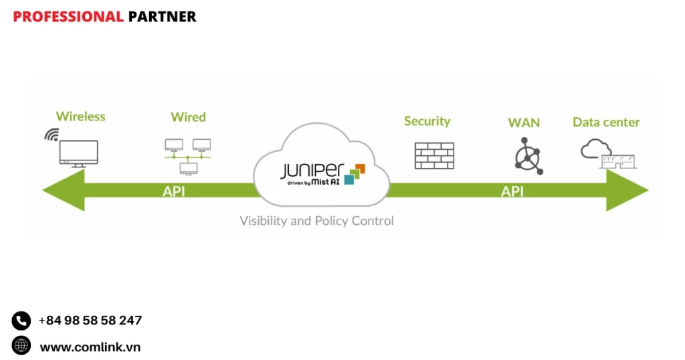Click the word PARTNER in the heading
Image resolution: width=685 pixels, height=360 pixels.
[x=162, y=17]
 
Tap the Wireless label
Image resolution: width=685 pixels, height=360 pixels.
[x=80, y=116]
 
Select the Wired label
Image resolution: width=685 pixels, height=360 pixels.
[x=188, y=117]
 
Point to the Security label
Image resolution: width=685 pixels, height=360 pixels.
[x=427, y=121]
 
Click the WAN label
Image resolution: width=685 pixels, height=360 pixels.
[x=524, y=122]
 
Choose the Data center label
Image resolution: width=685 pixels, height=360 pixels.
[x=606, y=122]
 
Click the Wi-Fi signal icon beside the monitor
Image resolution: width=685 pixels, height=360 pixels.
[x=52, y=134]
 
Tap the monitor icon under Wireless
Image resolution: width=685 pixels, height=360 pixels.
[x=79, y=153]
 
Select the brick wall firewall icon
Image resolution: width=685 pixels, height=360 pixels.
[x=434, y=155]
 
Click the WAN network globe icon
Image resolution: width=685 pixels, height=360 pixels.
[x=528, y=156]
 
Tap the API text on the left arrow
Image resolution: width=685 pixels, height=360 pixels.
[x=174, y=191]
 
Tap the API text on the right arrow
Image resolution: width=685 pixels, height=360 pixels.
[x=512, y=191]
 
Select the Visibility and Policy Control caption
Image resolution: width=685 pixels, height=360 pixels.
[x=316, y=221]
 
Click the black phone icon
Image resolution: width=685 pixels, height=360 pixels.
[x=21, y=321]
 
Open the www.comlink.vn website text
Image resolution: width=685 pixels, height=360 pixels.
[x=90, y=347]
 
